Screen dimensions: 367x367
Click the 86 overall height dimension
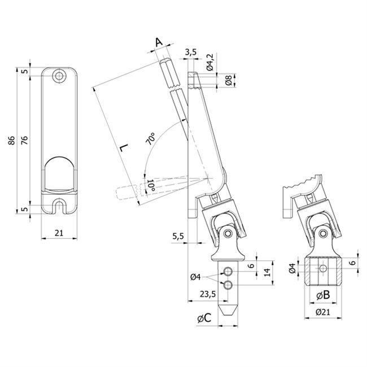(x=12, y=141)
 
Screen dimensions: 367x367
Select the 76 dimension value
(x=24, y=141)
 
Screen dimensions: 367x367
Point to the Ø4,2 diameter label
(x=209, y=61)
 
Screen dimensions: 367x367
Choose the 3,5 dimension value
(x=190, y=53)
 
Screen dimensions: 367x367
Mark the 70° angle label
(x=151, y=139)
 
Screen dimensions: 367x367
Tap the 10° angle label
(x=150, y=185)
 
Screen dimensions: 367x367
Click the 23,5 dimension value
(x=208, y=294)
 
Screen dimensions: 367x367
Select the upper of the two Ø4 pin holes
(x=228, y=269)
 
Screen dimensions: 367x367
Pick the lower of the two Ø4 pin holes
(x=228, y=285)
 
